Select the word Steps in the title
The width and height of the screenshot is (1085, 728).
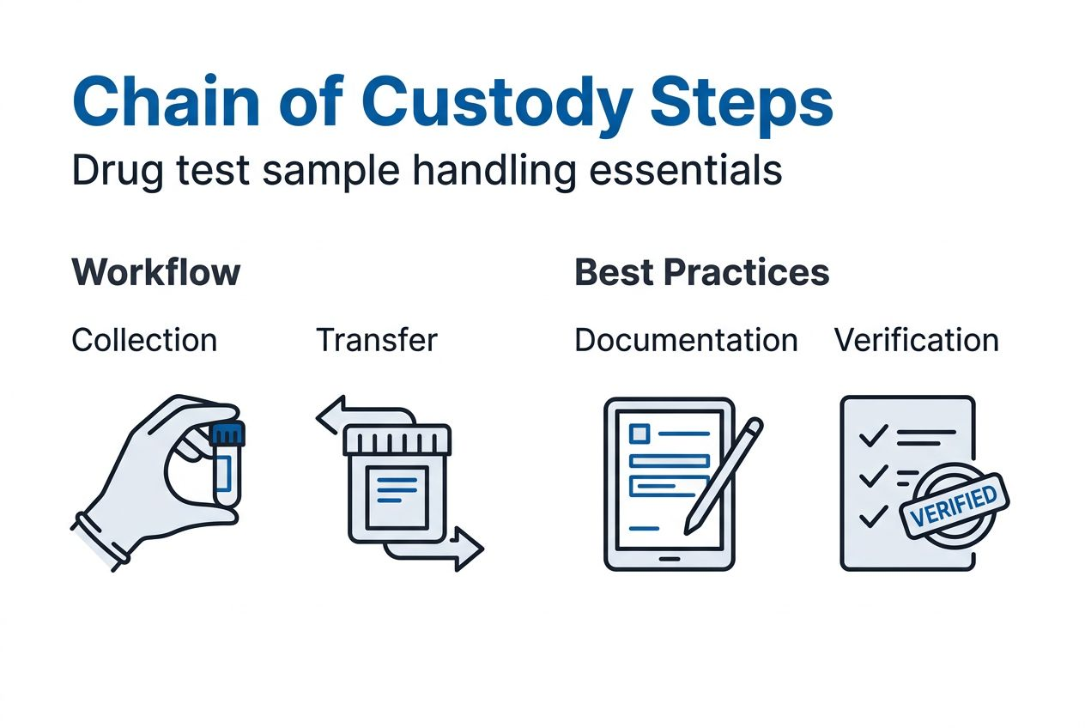[x=742, y=101]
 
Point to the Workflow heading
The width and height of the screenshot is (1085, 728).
[x=156, y=272]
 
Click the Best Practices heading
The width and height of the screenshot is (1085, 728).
[x=701, y=272]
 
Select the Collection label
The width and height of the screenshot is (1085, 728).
[x=144, y=340]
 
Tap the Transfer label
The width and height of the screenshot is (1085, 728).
[x=377, y=340]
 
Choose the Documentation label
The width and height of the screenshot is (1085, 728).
[x=686, y=340]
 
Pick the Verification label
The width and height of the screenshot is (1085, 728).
[x=916, y=340]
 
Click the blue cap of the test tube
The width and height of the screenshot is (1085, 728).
[x=227, y=433]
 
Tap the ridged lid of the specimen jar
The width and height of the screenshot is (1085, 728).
[x=397, y=440]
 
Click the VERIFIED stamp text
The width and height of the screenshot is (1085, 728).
[x=953, y=503]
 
